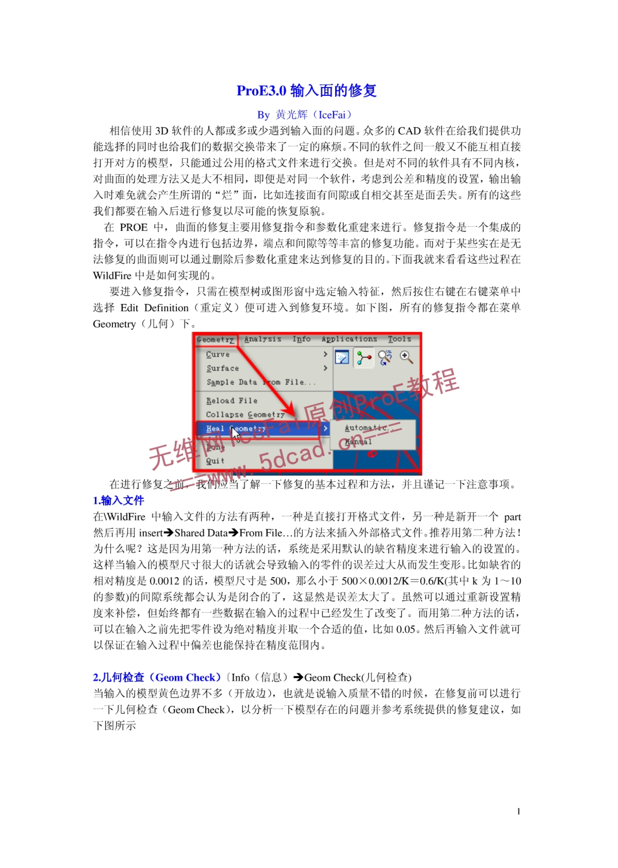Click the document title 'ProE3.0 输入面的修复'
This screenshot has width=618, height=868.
pos(306,91)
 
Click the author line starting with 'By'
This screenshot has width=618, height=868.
pos(305,115)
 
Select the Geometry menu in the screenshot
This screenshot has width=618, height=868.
pos(215,340)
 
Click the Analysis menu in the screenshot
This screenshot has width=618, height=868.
pos(262,339)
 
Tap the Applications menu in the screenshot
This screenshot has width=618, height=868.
pos(349,339)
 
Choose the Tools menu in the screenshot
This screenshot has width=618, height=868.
pos(399,339)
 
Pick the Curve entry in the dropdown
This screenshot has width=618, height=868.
pos(218,354)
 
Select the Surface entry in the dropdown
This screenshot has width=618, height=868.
pos(222,368)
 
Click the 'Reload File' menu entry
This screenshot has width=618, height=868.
pos(231,401)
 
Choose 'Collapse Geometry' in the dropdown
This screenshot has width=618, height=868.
pos(245,415)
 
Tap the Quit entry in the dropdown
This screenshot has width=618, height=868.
pos(215,461)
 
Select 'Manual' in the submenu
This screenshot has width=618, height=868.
pos(358,442)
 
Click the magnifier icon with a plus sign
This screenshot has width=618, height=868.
pos(406,357)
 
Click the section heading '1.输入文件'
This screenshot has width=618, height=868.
pos(118,501)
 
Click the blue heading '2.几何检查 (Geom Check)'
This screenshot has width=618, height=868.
pos(157,677)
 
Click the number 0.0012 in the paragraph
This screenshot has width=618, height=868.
pos(164,581)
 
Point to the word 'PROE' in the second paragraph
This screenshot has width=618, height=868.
pos(133,227)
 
